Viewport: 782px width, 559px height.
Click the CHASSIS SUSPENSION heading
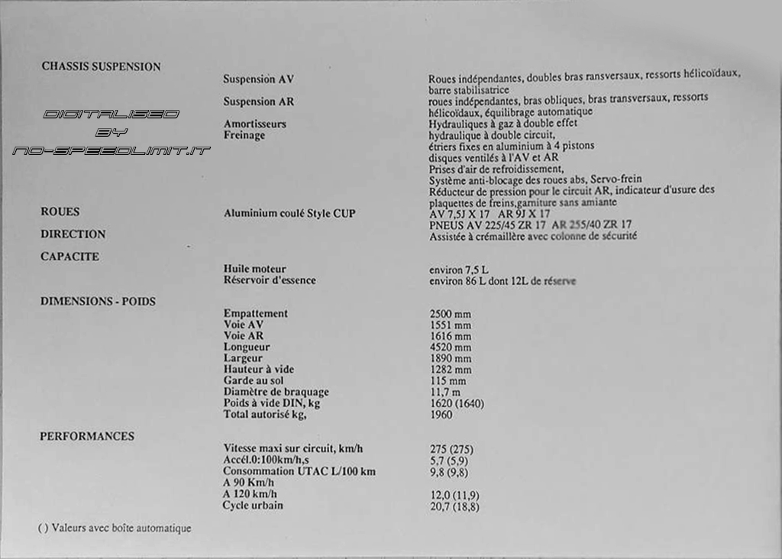click(101, 66)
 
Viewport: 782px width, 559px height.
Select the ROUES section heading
click(60, 212)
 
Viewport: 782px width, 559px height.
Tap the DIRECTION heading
click(73, 234)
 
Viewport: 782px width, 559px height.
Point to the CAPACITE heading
click(69, 257)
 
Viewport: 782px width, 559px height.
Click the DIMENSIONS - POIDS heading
click(98, 301)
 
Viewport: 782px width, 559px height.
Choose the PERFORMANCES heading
click(87, 436)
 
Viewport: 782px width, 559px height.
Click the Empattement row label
click(256, 313)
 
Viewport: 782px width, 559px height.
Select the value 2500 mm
click(451, 314)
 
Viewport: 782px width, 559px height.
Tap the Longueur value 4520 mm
click(451, 347)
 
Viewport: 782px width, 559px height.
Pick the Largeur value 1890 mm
click(451, 358)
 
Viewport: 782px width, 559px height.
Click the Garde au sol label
click(254, 380)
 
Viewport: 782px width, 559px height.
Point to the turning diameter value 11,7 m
click(445, 392)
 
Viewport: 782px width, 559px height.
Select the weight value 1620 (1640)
click(457, 403)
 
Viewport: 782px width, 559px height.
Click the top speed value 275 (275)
click(451, 450)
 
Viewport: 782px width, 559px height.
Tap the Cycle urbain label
click(253, 506)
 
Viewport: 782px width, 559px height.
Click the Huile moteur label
click(255, 269)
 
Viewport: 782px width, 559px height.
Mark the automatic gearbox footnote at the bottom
click(115, 528)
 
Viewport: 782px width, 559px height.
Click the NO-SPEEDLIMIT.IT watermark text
click(111, 150)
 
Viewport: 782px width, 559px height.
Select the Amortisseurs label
click(255, 124)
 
